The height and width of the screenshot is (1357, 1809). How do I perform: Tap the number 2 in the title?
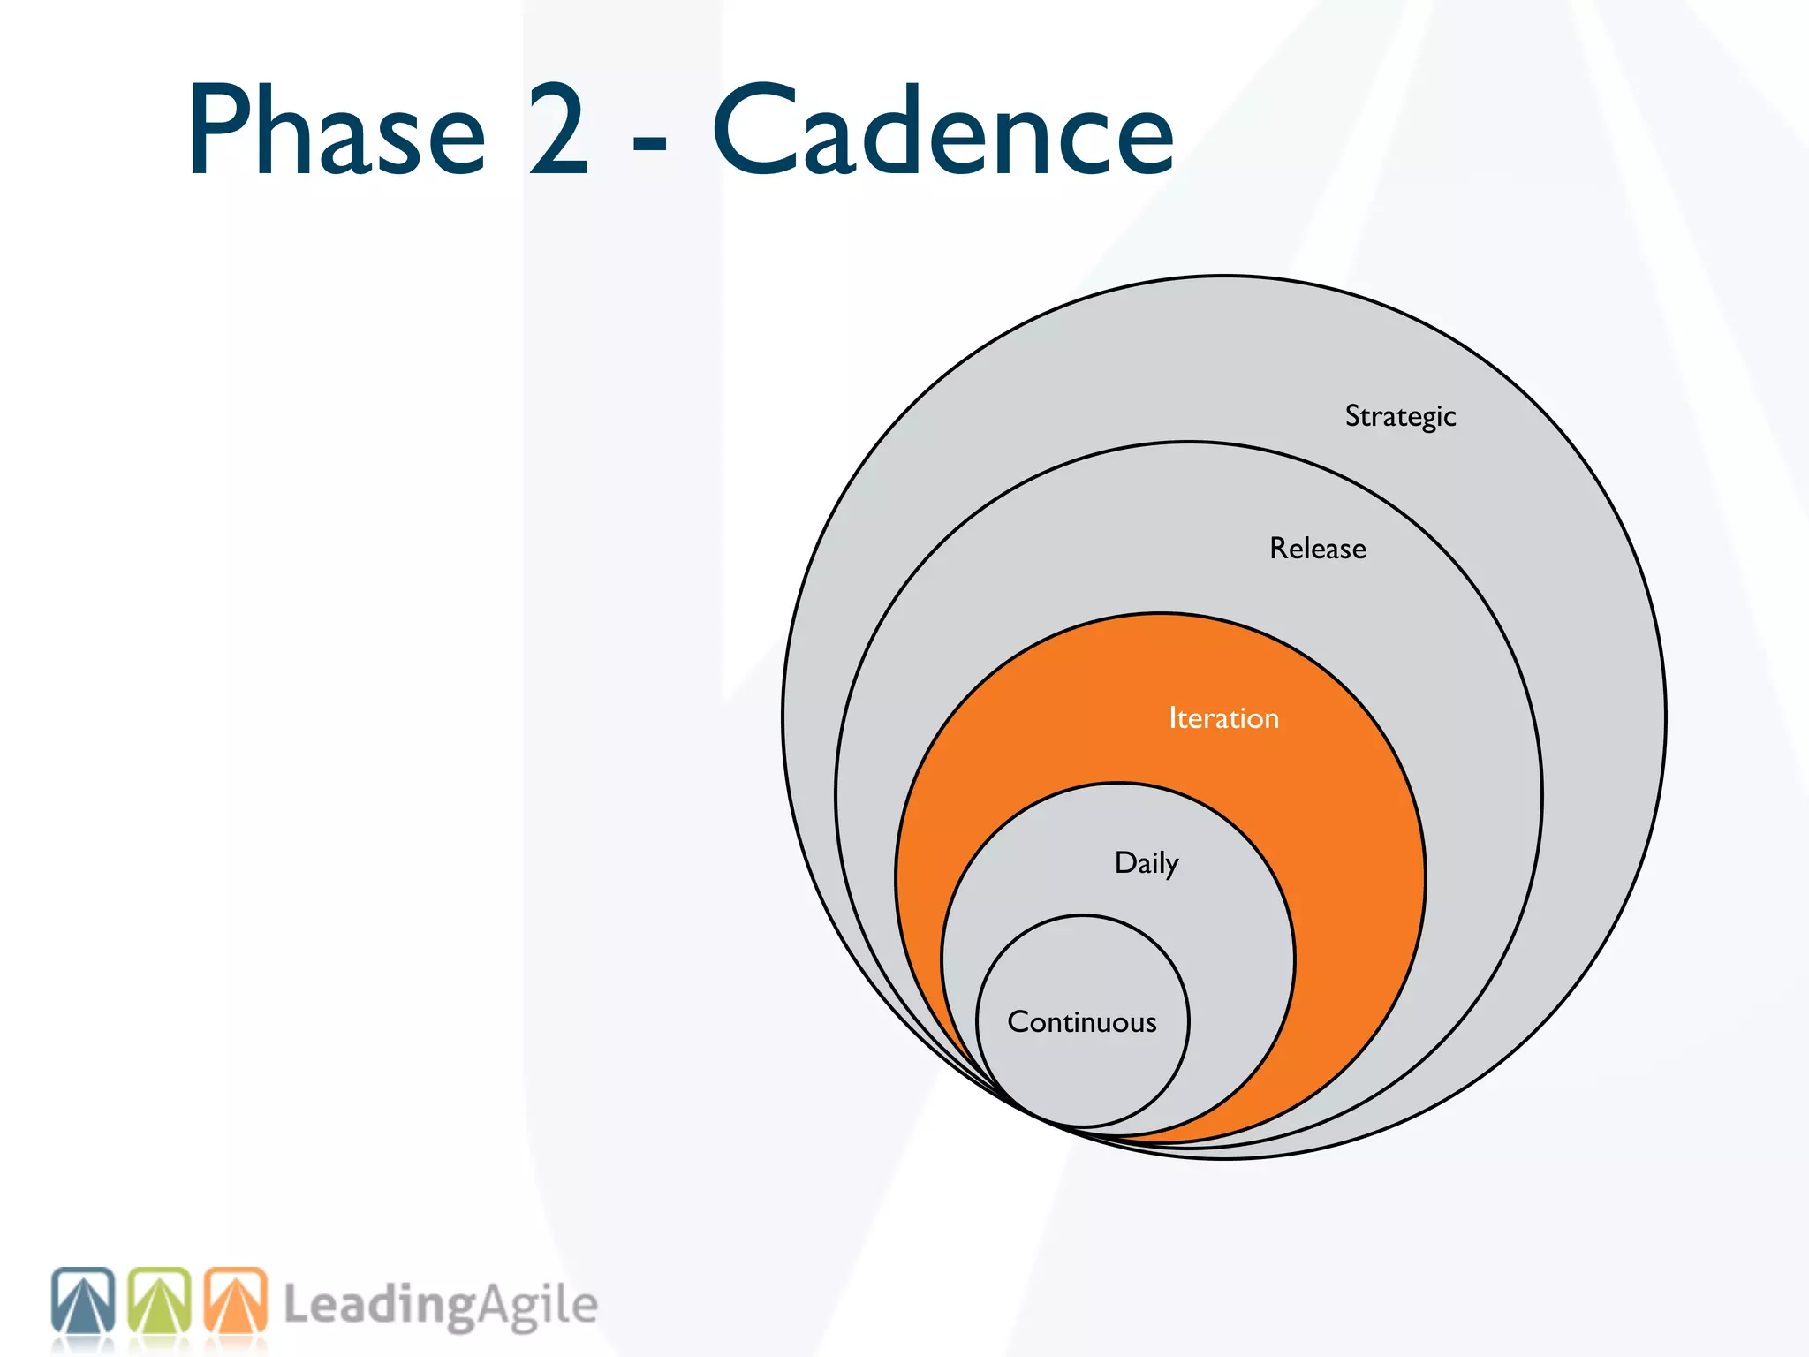coord(558,131)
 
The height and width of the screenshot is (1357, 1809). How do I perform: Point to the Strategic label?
coord(1400,416)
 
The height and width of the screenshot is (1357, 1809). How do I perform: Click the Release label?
coord(1317,549)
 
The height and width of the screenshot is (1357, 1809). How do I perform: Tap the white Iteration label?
coord(1223,718)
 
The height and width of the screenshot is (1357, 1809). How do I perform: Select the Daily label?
coord(1146,863)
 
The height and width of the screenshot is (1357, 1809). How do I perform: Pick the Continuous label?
coord(1082,1022)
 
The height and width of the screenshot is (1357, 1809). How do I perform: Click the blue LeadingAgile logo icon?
coord(83,1300)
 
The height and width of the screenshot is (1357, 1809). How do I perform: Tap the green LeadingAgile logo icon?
coord(160,1300)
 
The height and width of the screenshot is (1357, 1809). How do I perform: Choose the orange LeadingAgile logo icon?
coord(236,1300)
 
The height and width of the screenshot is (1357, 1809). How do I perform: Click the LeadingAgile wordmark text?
coord(440,1306)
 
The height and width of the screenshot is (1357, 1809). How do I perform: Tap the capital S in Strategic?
coord(1353,415)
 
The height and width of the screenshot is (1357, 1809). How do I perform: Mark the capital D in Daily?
coord(1124,861)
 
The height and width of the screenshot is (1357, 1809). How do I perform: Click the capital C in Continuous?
coord(1019,1022)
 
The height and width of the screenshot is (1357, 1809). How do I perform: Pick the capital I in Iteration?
coord(1172,717)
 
